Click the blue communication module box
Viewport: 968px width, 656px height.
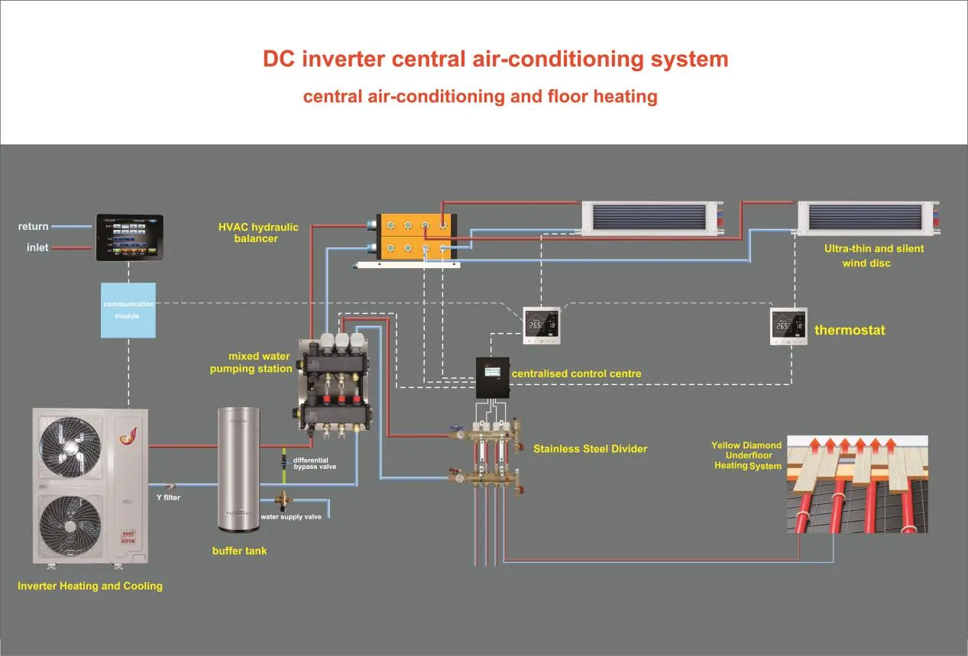point(128,310)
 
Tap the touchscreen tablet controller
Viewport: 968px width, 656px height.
point(129,238)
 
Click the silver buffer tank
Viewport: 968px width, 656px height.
point(238,470)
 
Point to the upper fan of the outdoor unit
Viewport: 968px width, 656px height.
point(70,448)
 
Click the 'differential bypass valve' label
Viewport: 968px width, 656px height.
point(314,463)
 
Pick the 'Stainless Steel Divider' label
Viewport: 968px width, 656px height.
point(590,449)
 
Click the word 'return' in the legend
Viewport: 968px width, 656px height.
point(34,227)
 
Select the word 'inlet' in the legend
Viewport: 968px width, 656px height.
point(37,247)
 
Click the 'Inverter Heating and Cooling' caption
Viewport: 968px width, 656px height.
point(90,587)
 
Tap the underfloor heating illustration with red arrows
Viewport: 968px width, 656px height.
point(857,484)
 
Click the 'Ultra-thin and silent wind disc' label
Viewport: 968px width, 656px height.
point(873,256)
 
